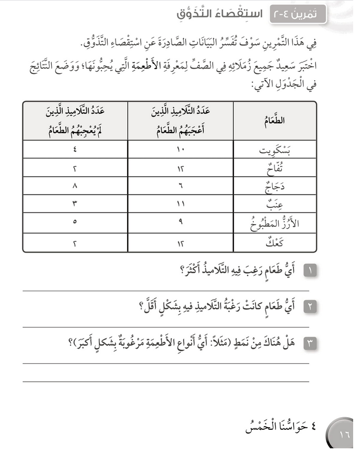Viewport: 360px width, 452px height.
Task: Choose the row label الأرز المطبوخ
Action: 274,223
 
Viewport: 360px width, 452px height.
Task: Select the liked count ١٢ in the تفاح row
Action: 180,168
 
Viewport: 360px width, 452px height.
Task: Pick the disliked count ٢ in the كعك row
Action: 74,242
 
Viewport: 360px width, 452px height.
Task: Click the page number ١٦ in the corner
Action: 345,436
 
